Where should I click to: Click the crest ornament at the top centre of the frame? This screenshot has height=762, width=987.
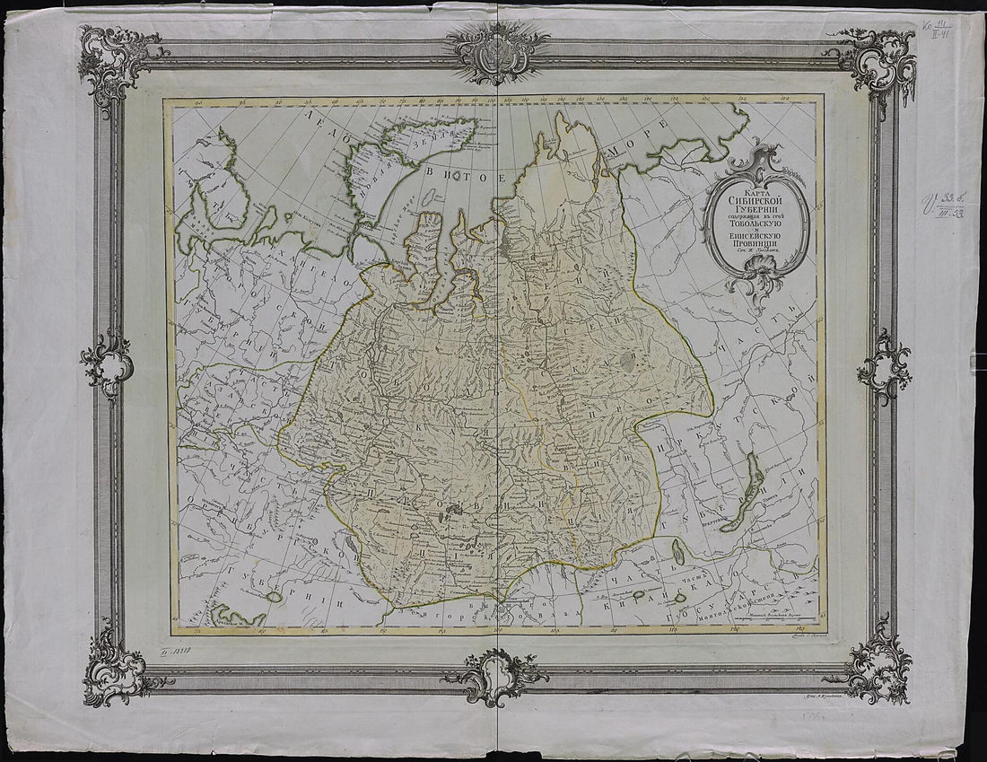[496, 50]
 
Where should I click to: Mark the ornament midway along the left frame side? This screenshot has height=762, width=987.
[107, 363]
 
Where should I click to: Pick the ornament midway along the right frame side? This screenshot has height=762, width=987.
[884, 365]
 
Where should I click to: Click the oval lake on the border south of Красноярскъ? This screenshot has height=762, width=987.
[680, 554]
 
